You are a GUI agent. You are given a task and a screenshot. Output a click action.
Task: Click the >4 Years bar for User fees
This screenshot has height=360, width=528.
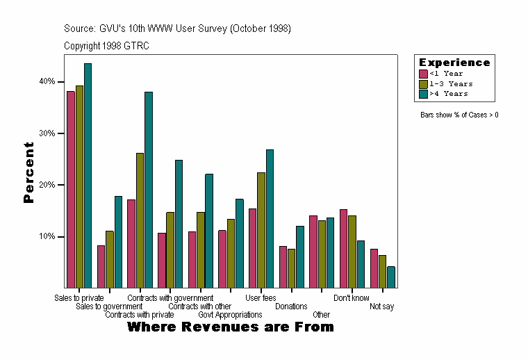click(x=270, y=218)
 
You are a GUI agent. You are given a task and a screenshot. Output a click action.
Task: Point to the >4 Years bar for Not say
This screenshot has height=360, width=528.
click(x=391, y=277)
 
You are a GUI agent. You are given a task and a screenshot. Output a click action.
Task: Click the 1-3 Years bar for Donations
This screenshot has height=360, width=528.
click(x=291, y=268)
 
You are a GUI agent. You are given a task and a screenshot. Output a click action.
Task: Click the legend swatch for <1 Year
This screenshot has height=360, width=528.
click(x=423, y=74)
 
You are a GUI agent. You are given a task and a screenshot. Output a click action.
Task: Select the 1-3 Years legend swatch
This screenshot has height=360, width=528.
click(x=423, y=83)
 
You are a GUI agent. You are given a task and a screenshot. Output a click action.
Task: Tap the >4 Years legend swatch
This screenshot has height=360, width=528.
click(x=423, y=94)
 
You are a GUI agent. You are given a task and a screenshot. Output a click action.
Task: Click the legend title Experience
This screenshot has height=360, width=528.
click(x=454, y=63)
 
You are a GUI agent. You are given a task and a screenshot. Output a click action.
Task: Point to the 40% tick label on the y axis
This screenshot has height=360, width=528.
click(x=47, y=81)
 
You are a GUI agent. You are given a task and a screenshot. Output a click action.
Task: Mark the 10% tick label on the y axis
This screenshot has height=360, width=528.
click(x=47, y=237)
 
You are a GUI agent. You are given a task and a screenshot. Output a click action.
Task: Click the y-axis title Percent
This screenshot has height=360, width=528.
click(x=28, y=172)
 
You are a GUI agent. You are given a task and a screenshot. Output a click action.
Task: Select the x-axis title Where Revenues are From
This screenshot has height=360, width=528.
click(x=231, y=327)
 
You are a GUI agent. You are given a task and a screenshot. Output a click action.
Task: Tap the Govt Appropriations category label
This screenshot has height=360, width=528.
click(x=230, y=315)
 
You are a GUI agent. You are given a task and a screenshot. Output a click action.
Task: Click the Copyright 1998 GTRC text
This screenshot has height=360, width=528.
click(x=106, y=46)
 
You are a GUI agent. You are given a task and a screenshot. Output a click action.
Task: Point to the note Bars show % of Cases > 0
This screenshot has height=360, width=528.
click(x=459, y=115)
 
